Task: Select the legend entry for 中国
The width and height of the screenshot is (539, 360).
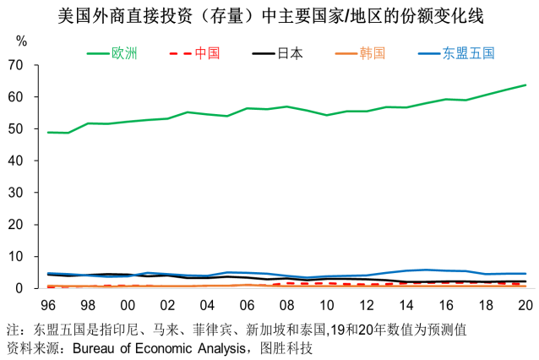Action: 207,53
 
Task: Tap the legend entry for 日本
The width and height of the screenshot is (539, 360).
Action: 290,53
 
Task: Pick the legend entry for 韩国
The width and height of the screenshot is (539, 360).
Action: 373,53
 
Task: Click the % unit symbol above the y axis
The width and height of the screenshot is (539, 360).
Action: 22,41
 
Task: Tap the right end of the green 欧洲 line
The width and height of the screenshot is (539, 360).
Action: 525,85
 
